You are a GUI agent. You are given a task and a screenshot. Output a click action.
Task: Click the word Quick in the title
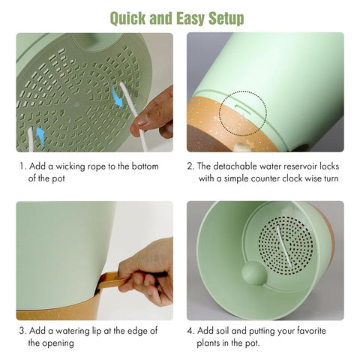coord(127,19)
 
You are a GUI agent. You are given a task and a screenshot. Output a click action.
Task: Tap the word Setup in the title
coord(226,19)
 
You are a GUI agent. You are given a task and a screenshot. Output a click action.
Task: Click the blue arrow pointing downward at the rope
coord(117,96)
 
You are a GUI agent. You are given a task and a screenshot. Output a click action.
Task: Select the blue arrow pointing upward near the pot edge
coord(40,138)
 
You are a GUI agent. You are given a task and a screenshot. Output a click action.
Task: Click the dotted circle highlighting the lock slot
coord(243,114)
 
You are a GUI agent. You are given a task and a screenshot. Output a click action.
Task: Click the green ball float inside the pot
coord(254,273)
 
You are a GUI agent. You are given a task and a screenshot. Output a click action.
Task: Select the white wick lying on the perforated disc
coord(284,246)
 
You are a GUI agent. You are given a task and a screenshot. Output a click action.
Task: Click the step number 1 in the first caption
coord(22,166)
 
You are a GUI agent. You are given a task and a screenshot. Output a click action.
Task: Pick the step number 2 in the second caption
coord(190,166)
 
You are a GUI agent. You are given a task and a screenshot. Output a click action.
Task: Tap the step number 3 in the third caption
coord(22,331)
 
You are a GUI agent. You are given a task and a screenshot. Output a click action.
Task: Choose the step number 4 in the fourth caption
coord(190,331)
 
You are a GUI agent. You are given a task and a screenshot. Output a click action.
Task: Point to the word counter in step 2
coord(265,179)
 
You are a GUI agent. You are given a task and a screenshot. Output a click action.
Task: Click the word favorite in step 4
coord(311,331)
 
